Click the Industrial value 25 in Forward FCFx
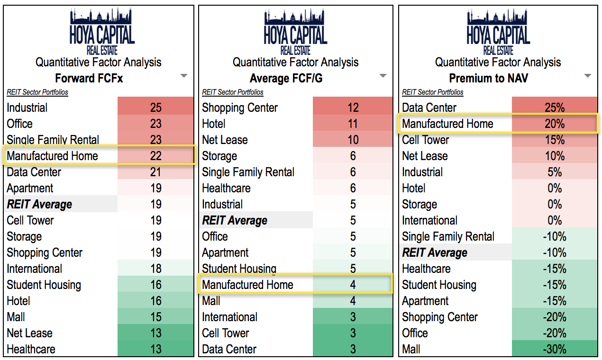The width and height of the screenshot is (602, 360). [155, 108]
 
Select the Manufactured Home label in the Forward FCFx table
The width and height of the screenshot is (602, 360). [52, 156]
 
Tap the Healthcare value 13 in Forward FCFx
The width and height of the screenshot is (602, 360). [155, 349]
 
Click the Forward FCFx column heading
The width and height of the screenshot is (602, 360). [89, 78]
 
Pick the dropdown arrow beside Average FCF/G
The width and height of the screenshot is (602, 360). [383, 76]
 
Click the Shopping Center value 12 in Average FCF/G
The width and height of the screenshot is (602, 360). [353, 108]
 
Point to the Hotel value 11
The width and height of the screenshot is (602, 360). [353, 124]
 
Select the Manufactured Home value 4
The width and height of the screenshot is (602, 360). [353, 285]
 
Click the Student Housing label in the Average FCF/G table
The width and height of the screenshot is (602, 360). [239, 269]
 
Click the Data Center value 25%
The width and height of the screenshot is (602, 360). [554, 108]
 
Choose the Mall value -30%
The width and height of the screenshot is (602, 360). [554, 349]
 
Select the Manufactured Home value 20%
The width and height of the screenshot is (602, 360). [554, 124]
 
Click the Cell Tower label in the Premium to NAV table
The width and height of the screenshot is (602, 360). [425, 140]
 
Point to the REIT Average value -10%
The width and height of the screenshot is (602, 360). [554, 252]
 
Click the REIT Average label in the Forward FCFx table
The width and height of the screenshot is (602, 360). [39, 204]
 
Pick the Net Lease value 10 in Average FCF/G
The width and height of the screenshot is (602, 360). [353, 140]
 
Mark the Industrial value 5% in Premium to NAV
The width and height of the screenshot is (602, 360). [554, 172]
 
